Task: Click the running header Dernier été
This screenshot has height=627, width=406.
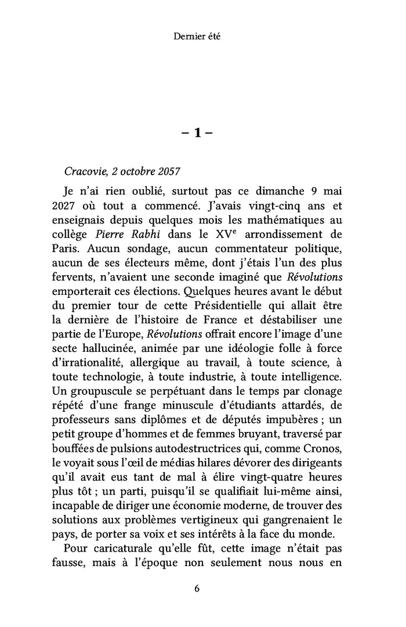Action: pyautogui.click(x=197, y=37)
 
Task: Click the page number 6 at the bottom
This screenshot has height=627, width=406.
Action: pyautogui.click(x=197, y=588)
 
